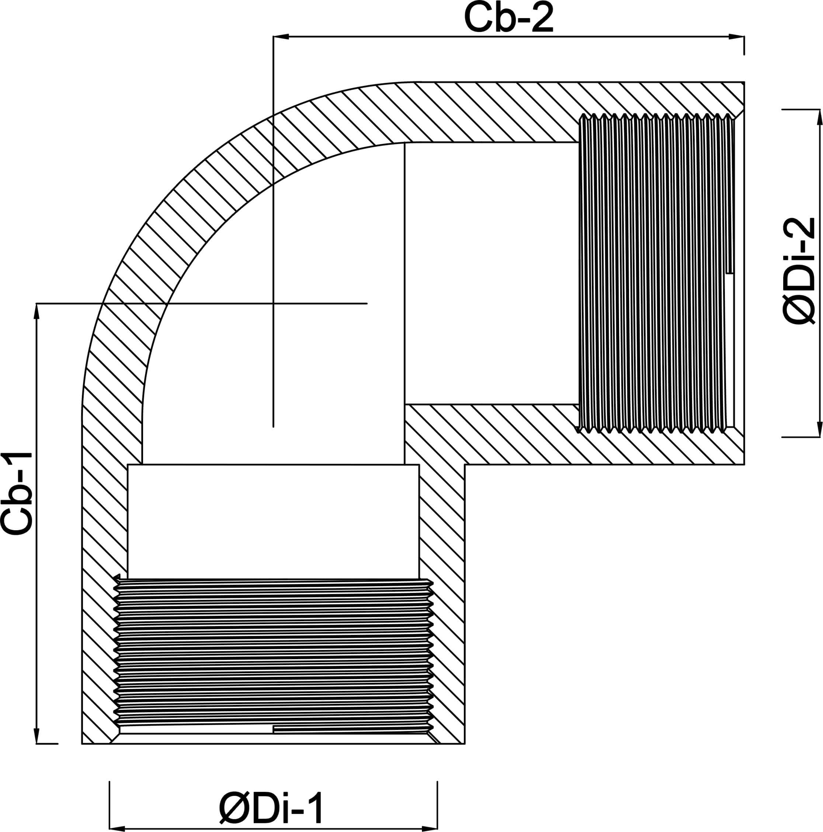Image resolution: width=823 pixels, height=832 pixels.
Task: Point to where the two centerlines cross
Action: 273,304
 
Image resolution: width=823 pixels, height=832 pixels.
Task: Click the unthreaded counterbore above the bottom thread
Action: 273,521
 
